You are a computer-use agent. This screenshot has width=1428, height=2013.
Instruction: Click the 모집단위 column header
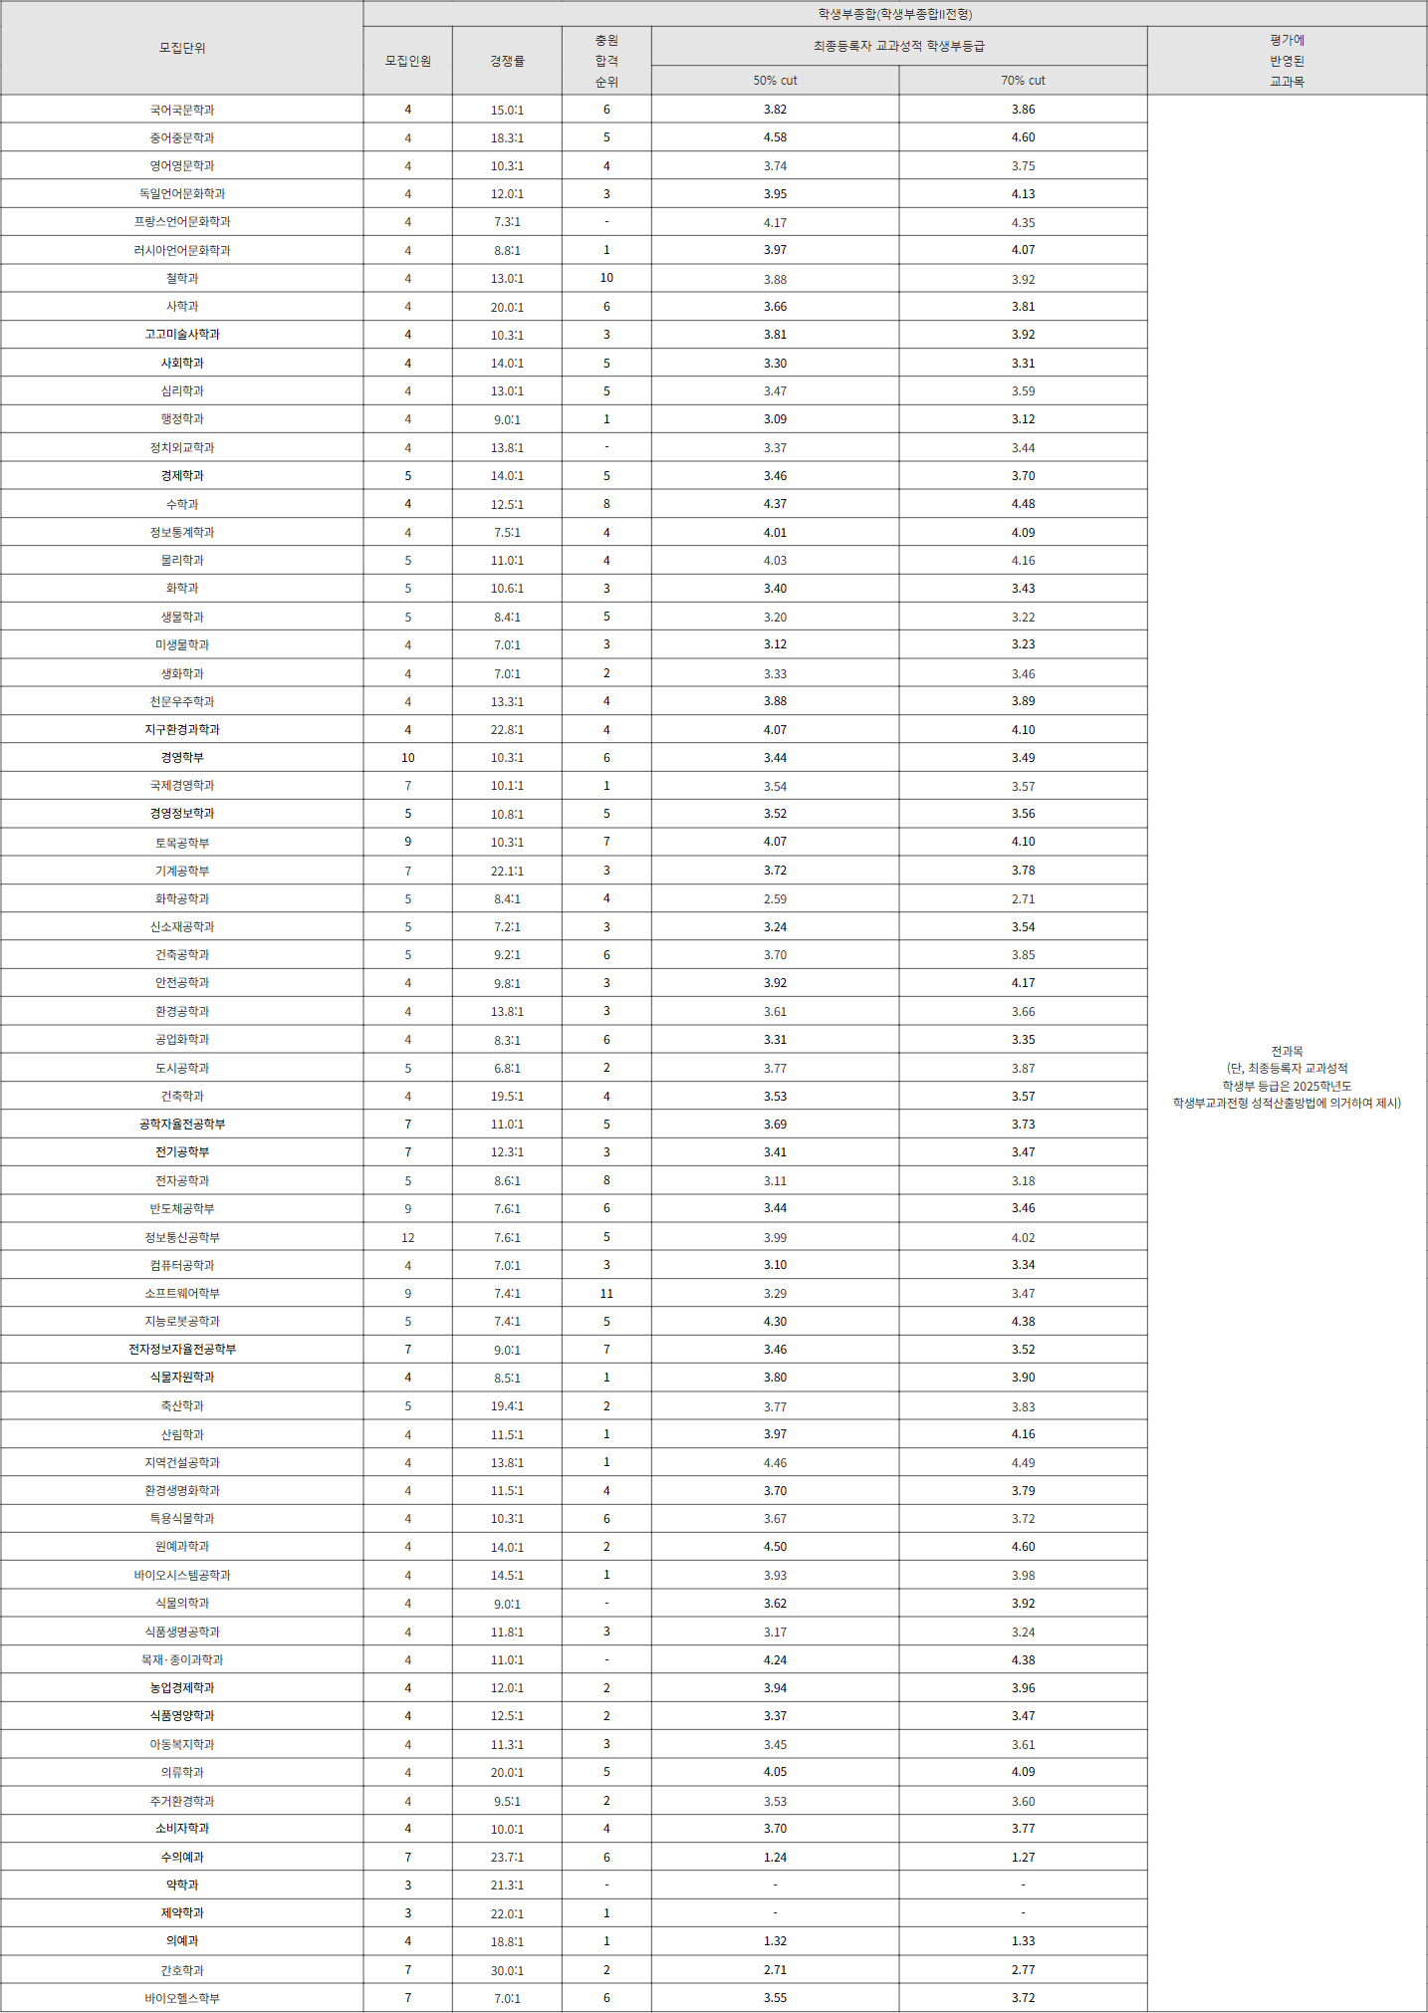(x=182, y=48)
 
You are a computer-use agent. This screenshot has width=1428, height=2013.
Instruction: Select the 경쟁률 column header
(x=507, y=61)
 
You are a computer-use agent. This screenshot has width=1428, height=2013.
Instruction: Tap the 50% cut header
(x=775, y=81)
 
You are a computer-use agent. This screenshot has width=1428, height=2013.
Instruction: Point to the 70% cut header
(x=1023, y=81)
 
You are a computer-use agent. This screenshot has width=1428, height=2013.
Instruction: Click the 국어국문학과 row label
(x=182, y=110)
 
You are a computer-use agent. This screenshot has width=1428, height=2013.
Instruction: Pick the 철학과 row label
(x=182, y=278)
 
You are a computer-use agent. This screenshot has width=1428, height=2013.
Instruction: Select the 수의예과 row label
(x=182, y=1857)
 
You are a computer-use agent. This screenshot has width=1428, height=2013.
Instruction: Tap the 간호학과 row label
(x=182, y=1970)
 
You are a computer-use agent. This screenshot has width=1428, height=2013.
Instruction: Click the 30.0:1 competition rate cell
(x=507, y=1970)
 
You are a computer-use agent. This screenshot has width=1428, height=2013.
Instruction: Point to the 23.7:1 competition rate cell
(x=507, y=1858)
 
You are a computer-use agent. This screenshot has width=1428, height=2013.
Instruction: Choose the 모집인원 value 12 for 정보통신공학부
(x=408, y=1237)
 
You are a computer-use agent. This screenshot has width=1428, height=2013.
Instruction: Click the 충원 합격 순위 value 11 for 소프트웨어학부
(x=606, y=1293)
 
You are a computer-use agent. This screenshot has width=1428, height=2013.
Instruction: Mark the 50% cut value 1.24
(x=775, y=1858)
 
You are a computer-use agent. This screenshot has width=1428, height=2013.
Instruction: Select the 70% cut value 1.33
(x=1023, y=1941)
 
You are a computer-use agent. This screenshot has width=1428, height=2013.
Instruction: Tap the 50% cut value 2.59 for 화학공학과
(x=775, y=898)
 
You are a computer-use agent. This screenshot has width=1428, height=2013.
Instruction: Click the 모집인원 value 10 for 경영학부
(x=408, y=758)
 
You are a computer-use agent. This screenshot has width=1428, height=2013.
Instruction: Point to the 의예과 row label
(x=182, y=1940)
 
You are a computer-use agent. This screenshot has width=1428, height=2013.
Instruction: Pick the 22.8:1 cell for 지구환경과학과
(x=507, y=730)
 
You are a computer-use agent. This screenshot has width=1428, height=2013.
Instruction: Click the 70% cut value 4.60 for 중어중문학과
(x=1023, y=137)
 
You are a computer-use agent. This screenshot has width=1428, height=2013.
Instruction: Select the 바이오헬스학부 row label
(x=182, y=1998)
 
